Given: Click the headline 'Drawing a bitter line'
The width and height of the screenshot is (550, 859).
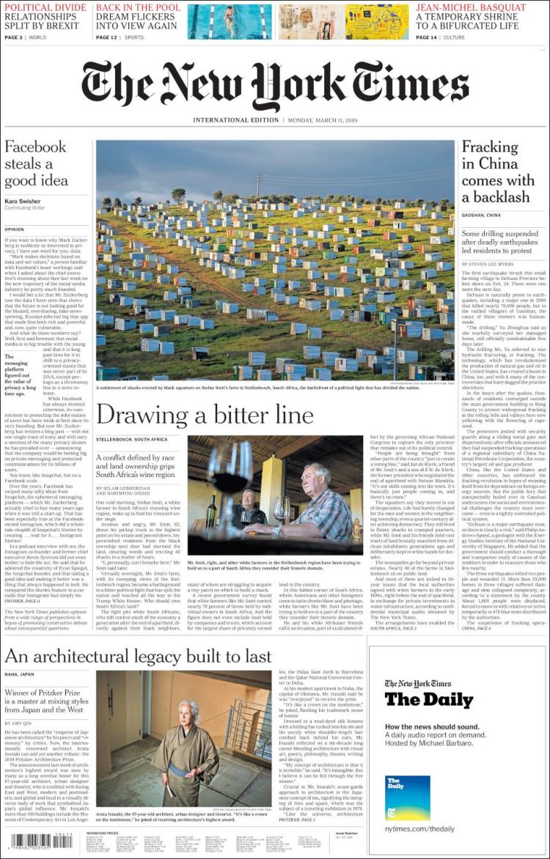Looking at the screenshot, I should [x=205, y=416].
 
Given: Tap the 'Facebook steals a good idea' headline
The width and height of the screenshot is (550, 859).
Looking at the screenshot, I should [x=36, y=163].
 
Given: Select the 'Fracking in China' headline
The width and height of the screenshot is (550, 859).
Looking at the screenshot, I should [x=498, y=172].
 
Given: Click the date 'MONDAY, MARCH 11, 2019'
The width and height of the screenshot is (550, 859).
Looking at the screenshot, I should [x=320, y=119].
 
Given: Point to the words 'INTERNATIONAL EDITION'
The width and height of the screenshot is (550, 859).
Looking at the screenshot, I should [x=235, y=119].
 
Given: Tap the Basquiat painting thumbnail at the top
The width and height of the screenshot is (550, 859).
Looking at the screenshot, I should [x=377, y=21].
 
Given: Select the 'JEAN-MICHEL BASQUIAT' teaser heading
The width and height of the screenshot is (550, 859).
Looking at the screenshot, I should [x=471, y=7].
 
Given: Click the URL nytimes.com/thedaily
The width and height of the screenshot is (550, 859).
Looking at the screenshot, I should [x=419, y=829].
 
